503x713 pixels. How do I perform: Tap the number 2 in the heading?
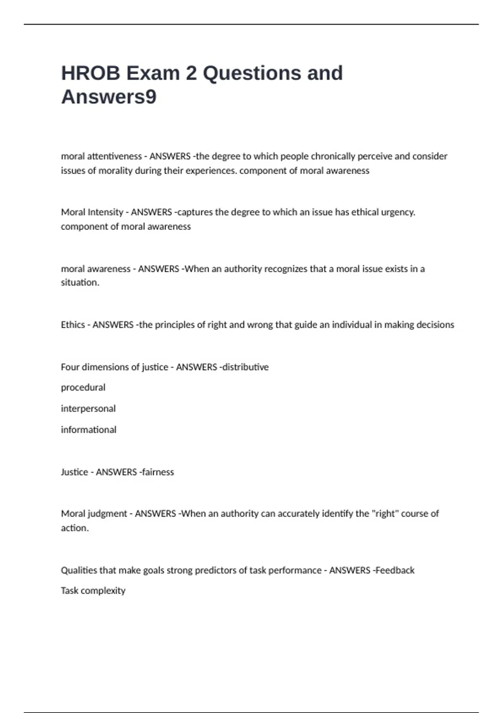point(191,73)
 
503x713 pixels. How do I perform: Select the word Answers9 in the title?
point(109,97)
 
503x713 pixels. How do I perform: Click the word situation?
point(80,283)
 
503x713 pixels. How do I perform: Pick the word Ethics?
point(73,325)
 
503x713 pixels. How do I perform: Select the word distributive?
point(246,367)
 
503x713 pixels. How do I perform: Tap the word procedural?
point(83,388)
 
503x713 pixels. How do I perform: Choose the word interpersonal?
point(88,409)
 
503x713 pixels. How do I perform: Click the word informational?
point(88,430)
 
